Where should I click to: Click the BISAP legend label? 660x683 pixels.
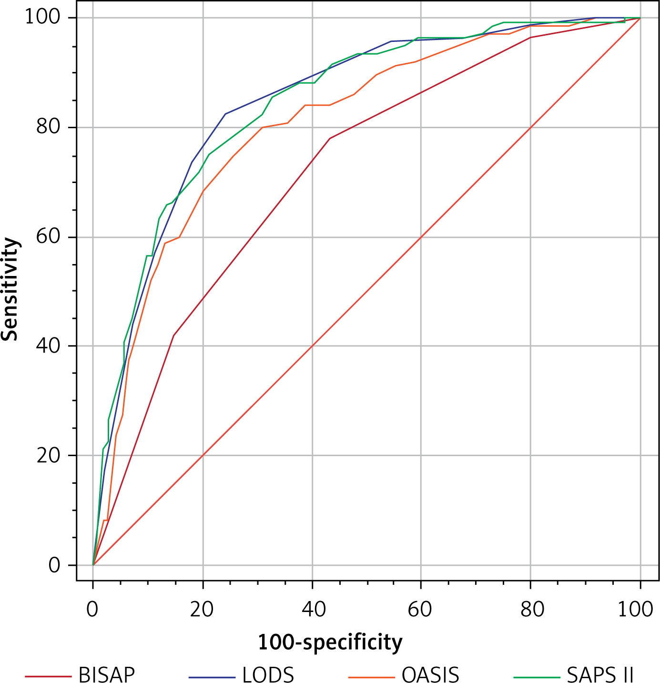[107, 674]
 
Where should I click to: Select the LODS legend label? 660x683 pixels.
[268, 674]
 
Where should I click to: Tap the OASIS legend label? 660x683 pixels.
[430, 674]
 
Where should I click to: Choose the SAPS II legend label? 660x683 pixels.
[600, 674]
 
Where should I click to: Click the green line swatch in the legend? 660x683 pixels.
[537, 677]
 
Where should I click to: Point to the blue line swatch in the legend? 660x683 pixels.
[212, 677]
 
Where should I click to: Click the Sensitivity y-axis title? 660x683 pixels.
[10, 289]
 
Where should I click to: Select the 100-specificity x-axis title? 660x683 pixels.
[330, 642]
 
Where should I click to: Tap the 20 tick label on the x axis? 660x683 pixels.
[202, 609]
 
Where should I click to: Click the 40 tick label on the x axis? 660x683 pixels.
[312, 609]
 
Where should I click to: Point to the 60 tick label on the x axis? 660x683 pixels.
[421, 609]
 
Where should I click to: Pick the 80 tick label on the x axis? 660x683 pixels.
[530, 609]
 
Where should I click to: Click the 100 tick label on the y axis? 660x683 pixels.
[44, 18]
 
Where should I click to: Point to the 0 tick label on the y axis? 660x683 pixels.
[55, 565]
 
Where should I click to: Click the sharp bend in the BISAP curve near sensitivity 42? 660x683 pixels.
[174, 336]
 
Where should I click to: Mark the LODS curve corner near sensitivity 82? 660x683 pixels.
[225, 114]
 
